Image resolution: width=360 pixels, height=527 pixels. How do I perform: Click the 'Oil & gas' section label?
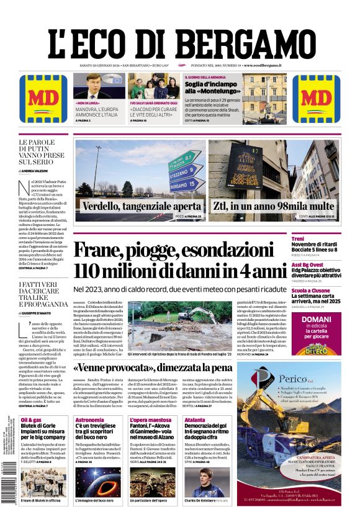[31, 420]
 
